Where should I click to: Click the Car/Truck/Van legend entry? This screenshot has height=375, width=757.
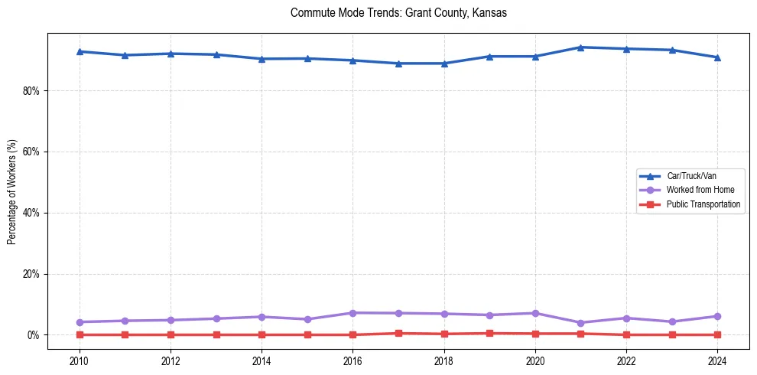click(690, 176)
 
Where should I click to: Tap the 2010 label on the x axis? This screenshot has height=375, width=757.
click(80, 360)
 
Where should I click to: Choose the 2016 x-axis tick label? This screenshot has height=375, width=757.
click(353, 360)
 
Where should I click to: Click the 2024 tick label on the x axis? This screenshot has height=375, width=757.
click(717, 360)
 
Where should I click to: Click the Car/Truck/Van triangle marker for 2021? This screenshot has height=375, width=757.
click(580, 47)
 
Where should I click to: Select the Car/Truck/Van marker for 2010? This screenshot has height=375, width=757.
click(80, 51)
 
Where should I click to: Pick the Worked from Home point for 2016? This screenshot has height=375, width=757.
click(353, 313)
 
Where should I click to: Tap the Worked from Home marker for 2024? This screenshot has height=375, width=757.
click(717, 316)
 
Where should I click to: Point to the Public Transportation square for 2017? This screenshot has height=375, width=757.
click(398, 333)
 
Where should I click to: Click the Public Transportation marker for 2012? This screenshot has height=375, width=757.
click(171, 334)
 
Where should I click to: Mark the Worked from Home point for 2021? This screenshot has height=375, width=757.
click(580, 323)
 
